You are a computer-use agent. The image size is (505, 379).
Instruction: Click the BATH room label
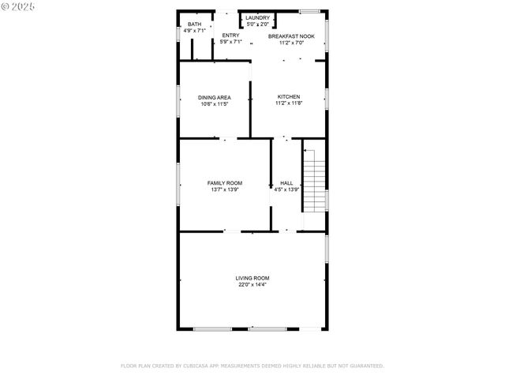point(194,24)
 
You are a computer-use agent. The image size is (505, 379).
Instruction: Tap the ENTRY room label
point(230,36)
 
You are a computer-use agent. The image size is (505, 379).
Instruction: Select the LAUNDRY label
point(257,17)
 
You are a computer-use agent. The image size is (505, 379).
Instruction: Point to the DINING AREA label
point(215,98)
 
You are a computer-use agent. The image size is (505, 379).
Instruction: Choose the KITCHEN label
point(288,97)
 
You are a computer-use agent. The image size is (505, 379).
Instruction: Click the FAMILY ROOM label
point(224,183)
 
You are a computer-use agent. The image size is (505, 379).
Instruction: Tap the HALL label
point(286,183)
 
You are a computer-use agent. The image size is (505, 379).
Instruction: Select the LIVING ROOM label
point(252,278)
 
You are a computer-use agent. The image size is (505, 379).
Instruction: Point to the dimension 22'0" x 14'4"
point(252,284)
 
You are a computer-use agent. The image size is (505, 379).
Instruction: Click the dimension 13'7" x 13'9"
point(224,189)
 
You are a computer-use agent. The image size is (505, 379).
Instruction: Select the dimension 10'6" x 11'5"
point(215,104)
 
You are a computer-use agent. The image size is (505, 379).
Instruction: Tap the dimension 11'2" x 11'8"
point(288,103)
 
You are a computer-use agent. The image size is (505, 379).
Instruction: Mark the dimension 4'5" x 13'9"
point(286,189)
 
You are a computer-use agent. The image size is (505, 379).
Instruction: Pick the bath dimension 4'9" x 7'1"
point(194,31)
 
